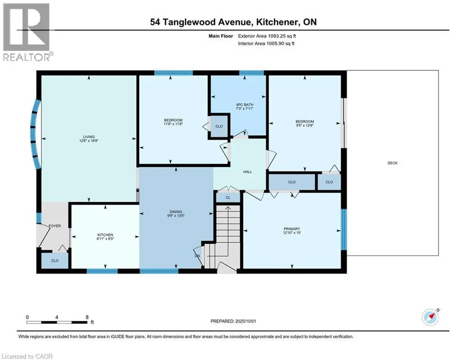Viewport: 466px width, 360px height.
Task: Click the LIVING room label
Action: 89,137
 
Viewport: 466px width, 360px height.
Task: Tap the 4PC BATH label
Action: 244,105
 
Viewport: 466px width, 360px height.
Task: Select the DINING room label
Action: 176,212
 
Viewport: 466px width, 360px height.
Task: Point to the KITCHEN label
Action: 105,235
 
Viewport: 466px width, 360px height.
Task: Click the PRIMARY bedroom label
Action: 292,229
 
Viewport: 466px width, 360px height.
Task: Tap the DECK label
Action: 392,163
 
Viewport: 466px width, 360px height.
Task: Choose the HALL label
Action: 248,172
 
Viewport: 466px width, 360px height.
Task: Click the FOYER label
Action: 55,226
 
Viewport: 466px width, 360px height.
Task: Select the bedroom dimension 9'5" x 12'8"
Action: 304,125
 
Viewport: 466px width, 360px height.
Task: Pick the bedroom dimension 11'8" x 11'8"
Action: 173,124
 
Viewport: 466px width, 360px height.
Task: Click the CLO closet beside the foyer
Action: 55,261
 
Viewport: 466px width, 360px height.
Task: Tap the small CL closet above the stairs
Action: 228,197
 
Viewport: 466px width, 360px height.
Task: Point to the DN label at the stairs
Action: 197,256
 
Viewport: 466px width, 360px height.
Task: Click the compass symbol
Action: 430,317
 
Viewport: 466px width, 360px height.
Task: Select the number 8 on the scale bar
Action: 87,317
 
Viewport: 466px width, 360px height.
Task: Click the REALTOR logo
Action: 27,32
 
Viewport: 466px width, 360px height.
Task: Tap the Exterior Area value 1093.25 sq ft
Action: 282,36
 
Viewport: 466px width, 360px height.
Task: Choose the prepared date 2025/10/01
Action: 245,321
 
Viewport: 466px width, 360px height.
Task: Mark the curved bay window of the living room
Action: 36,135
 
